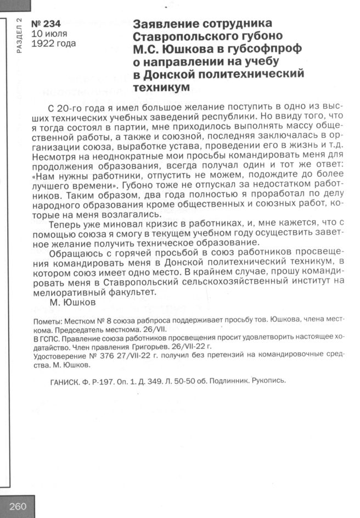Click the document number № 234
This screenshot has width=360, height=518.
(47, 24)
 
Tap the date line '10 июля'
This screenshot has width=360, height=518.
(49, 34)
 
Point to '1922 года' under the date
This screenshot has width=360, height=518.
(54, 44)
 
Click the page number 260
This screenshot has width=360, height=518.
(18, 506)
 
